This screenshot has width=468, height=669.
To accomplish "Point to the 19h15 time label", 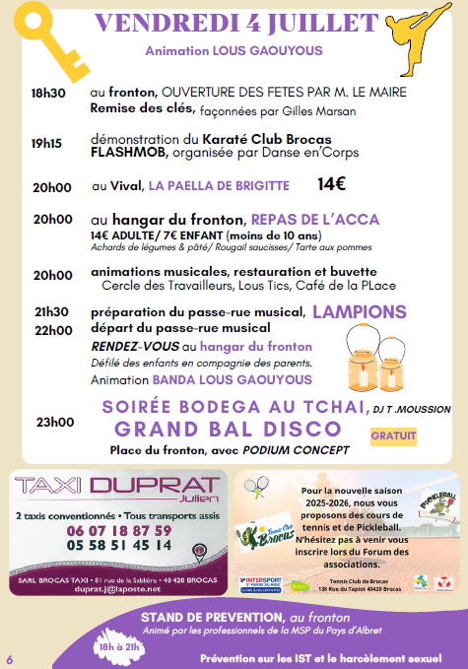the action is [x=47, y=143].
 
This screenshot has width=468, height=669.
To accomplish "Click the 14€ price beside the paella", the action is [x=331, y=184].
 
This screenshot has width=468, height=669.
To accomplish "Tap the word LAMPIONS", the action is [x=360, y=311].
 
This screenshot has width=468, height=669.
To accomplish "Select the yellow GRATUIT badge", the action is [x=394, y=435].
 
